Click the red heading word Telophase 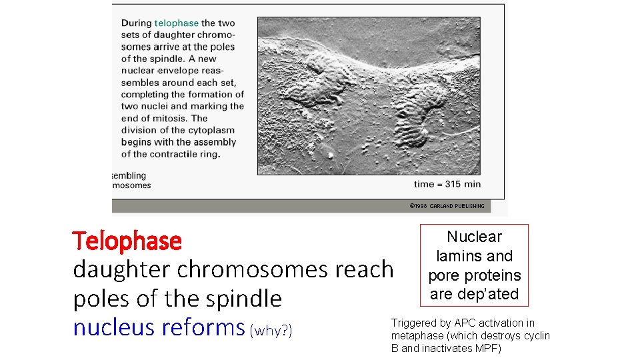click(127, 241)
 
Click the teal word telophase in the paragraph click(177, 23)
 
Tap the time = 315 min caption click(447, 184)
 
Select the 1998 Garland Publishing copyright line click(447, 206)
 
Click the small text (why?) click(271, 330)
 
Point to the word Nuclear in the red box click(474, 237)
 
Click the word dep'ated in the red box click(493, 294)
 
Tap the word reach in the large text click(365, 269)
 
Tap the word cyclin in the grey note click(536, 336)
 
